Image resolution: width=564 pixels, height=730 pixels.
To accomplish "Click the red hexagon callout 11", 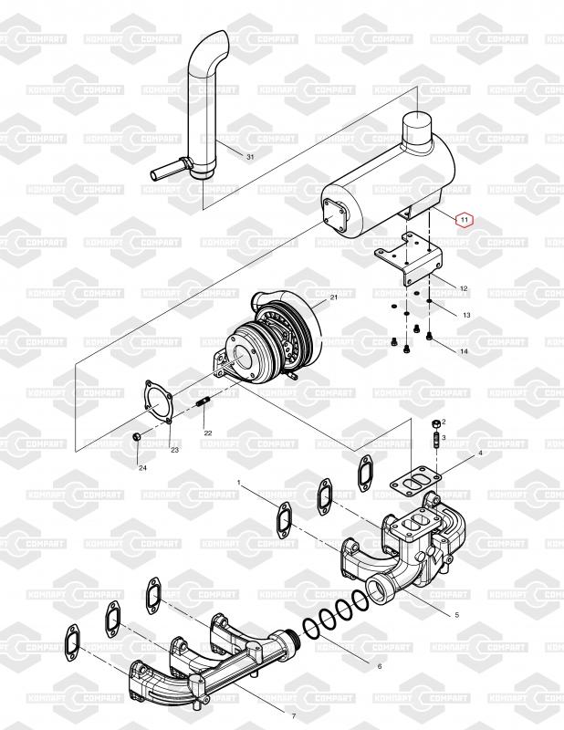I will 464,220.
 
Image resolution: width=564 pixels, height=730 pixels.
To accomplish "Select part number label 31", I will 250,157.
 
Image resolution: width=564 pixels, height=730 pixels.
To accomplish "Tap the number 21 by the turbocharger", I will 333,298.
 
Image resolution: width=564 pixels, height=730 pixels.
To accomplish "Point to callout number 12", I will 464,288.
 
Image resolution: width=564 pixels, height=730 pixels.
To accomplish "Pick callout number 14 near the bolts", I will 464,351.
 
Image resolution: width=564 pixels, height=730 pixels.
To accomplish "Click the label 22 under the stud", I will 208,433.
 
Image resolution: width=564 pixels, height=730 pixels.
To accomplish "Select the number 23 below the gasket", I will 174,449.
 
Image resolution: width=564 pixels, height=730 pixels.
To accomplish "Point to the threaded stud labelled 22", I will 203,402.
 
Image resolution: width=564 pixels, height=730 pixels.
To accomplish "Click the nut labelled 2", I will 434,425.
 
